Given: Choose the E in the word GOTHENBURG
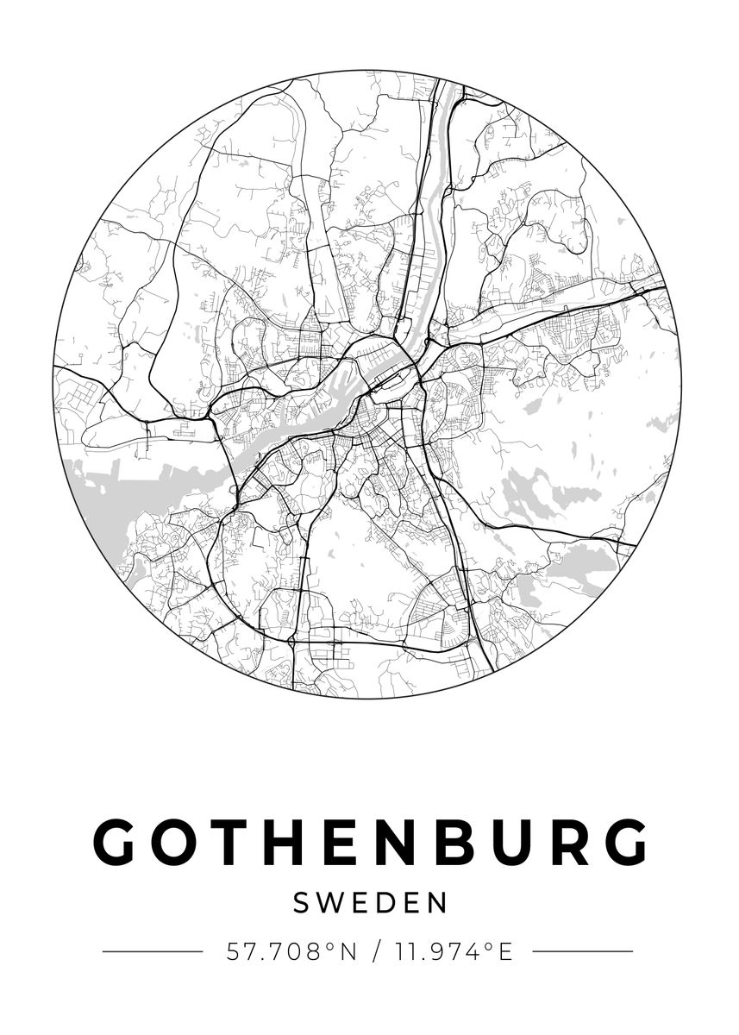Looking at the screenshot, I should coord(344,841).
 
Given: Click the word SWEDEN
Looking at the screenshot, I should coord(370,903).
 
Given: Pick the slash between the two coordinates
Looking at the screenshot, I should coord(375,952).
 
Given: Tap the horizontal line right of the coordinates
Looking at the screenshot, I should coord(583,952).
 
